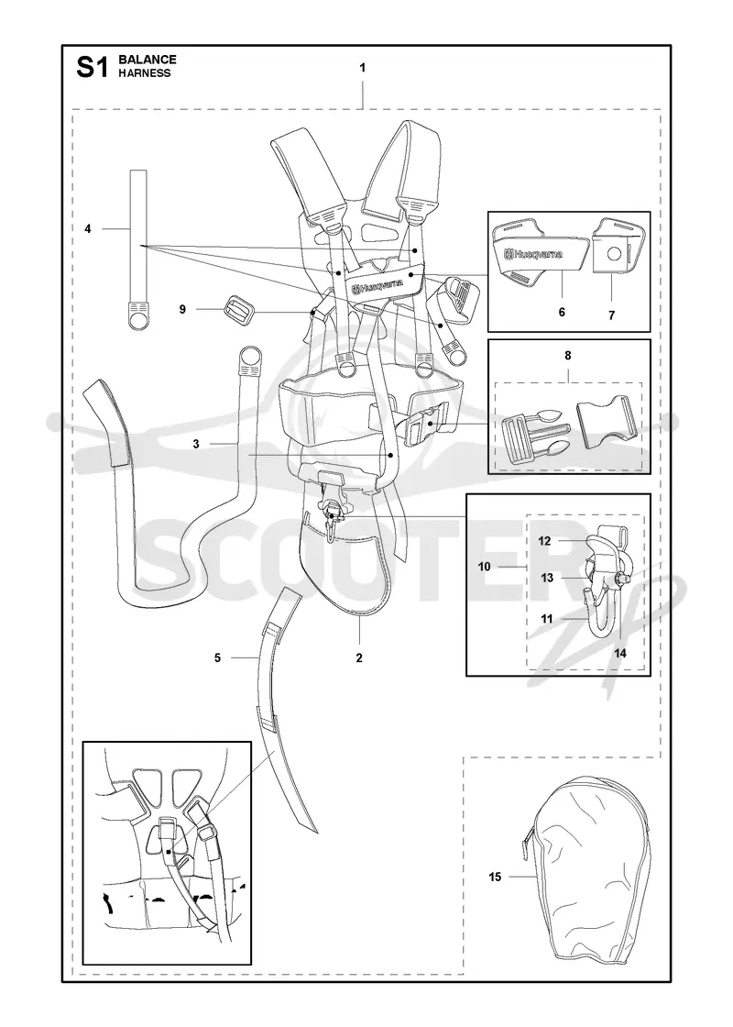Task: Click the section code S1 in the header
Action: [x=92, y=67]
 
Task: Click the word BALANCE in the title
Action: [x=148, y=60]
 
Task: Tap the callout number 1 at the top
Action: [x=363, y=68]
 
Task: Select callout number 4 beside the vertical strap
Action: [x=88, y=228]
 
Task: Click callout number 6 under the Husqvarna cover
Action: [x=562, y=313]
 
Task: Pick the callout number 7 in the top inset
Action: [x=611, y=315]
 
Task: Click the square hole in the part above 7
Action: [x=614, y=253]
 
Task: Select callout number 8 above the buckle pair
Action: [x=567, y=356]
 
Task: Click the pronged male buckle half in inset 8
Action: [x=531, y=435]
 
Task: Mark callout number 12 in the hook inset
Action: [x=544, y=541]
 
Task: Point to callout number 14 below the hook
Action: [x=620, y=653]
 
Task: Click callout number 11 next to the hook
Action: [x=546, y=618]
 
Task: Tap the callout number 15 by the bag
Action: [x=495, y=877]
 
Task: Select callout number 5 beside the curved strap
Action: [x=217, y=657]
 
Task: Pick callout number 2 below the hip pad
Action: [x=358, y=658]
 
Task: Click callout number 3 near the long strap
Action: [x=196, y=444]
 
